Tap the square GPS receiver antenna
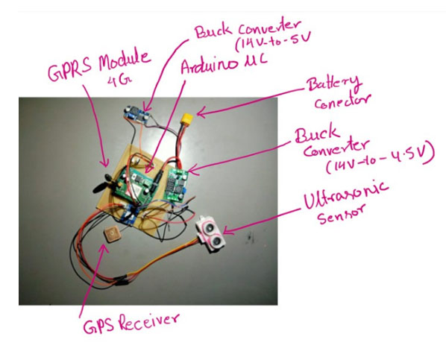(112, 235)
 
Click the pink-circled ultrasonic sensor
(211, 234)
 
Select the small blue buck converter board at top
(136, 113)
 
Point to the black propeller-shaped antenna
(104, 184)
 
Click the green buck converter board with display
(176, 186)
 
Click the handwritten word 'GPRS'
(69, 71)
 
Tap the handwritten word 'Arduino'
(209, 67)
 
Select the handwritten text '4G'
(118, 81)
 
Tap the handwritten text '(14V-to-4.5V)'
(380, 159)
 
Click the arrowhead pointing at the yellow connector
(200, 114)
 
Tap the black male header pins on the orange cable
(121, 280)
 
